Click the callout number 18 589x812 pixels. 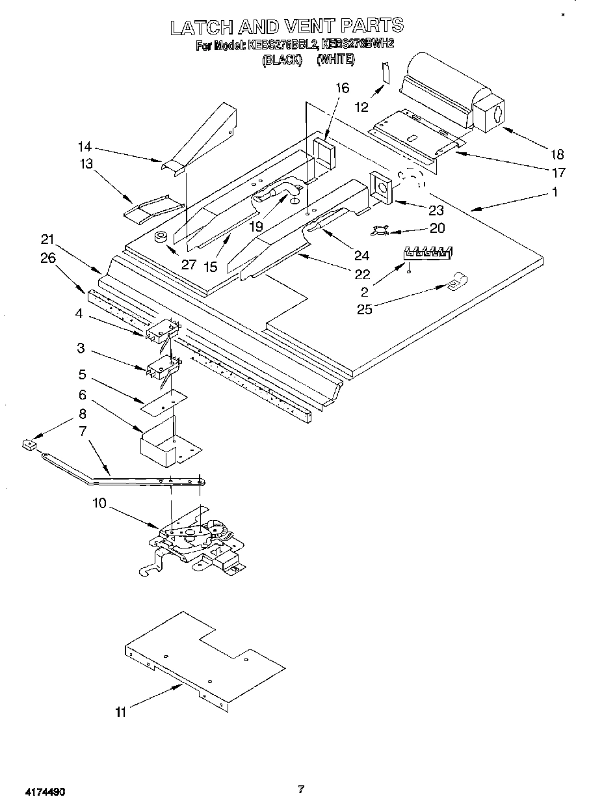click(556, 154)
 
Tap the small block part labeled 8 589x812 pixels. click(27, 444)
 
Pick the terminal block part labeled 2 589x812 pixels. click(428, 252)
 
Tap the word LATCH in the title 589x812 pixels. click(202, 27)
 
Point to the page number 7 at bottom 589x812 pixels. click(300, 790)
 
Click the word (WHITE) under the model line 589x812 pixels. click(335, 59)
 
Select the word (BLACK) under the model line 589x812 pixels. click(281, 59)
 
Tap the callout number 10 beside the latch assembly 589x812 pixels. click(99, 503)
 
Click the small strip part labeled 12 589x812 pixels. click(386, 73)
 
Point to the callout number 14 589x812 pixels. click(84, 146)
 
